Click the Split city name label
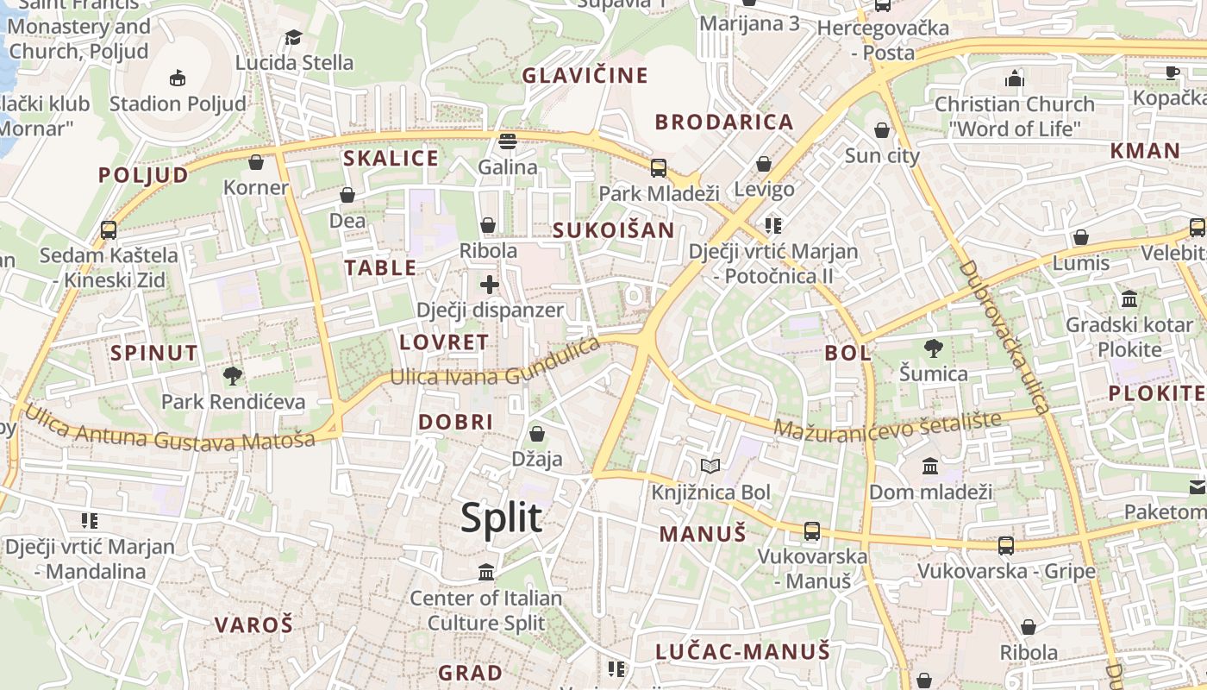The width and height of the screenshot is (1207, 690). point(501,517)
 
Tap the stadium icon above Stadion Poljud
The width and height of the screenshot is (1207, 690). point(178,78)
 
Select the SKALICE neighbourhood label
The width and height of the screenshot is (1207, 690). point(391,159)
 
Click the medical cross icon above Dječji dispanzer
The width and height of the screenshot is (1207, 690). point(490,284)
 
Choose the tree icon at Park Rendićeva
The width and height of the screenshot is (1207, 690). point(232,375)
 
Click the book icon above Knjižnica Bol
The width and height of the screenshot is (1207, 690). point(710,467)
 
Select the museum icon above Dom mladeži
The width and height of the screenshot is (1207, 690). point(930,467)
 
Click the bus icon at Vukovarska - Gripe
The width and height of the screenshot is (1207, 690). point(1006,545)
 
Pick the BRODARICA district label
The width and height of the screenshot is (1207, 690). point(723,122)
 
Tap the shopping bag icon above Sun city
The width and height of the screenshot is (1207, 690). point(882,130)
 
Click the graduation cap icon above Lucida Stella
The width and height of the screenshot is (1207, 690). point(293,37)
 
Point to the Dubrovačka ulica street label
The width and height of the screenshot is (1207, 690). point(1004,336)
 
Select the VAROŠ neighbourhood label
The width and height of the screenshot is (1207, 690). point(253,624)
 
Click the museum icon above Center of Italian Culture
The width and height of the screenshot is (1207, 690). point(486,572)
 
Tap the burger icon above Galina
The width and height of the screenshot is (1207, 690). point(507,141)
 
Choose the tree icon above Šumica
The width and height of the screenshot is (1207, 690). point(933,348)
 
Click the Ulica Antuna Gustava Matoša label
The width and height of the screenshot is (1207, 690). point(170,430)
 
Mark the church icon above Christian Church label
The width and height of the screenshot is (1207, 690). point(1014,78)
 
